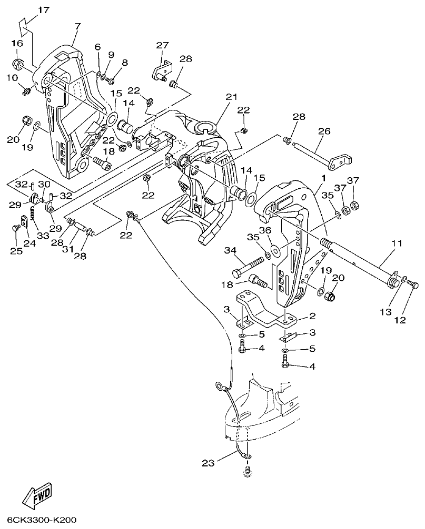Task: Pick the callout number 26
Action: click(x=324, y=131)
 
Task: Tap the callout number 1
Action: click(x=322, y=179)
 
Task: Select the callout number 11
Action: click(x=396, y=243)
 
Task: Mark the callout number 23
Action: click(x=209, y=463)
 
